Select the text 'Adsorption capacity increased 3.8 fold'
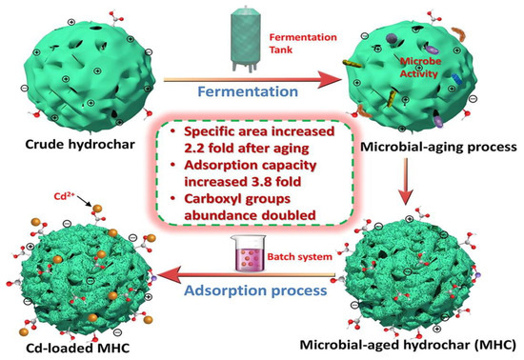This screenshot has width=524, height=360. click(252, 162)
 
